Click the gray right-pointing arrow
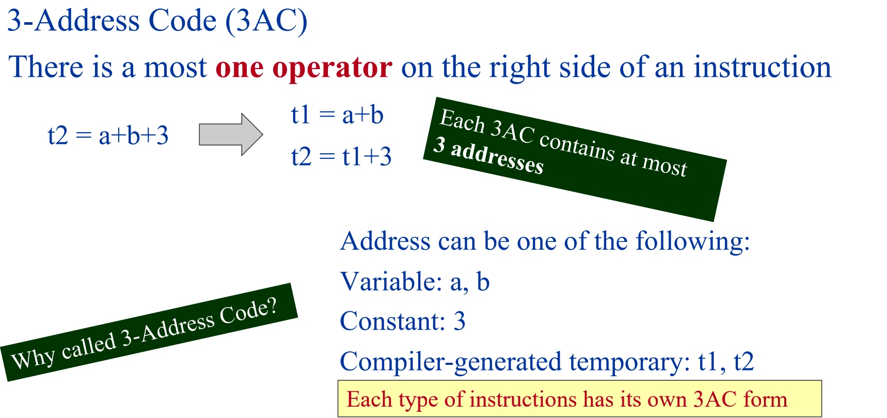click(231, 135)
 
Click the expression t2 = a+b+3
click(108, 136)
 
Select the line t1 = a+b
click(337, 115)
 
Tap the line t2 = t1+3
click(341, 156)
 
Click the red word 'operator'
click(332, 68)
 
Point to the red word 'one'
click(240, 68)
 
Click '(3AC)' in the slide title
click(266, 21)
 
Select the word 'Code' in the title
click(182, 21)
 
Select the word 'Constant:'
click(393, 321)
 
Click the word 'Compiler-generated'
click(451, 362)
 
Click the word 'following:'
click(693, 242)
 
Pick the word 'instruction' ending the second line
click(763, 67)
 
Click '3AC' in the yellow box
click(715, 399)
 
